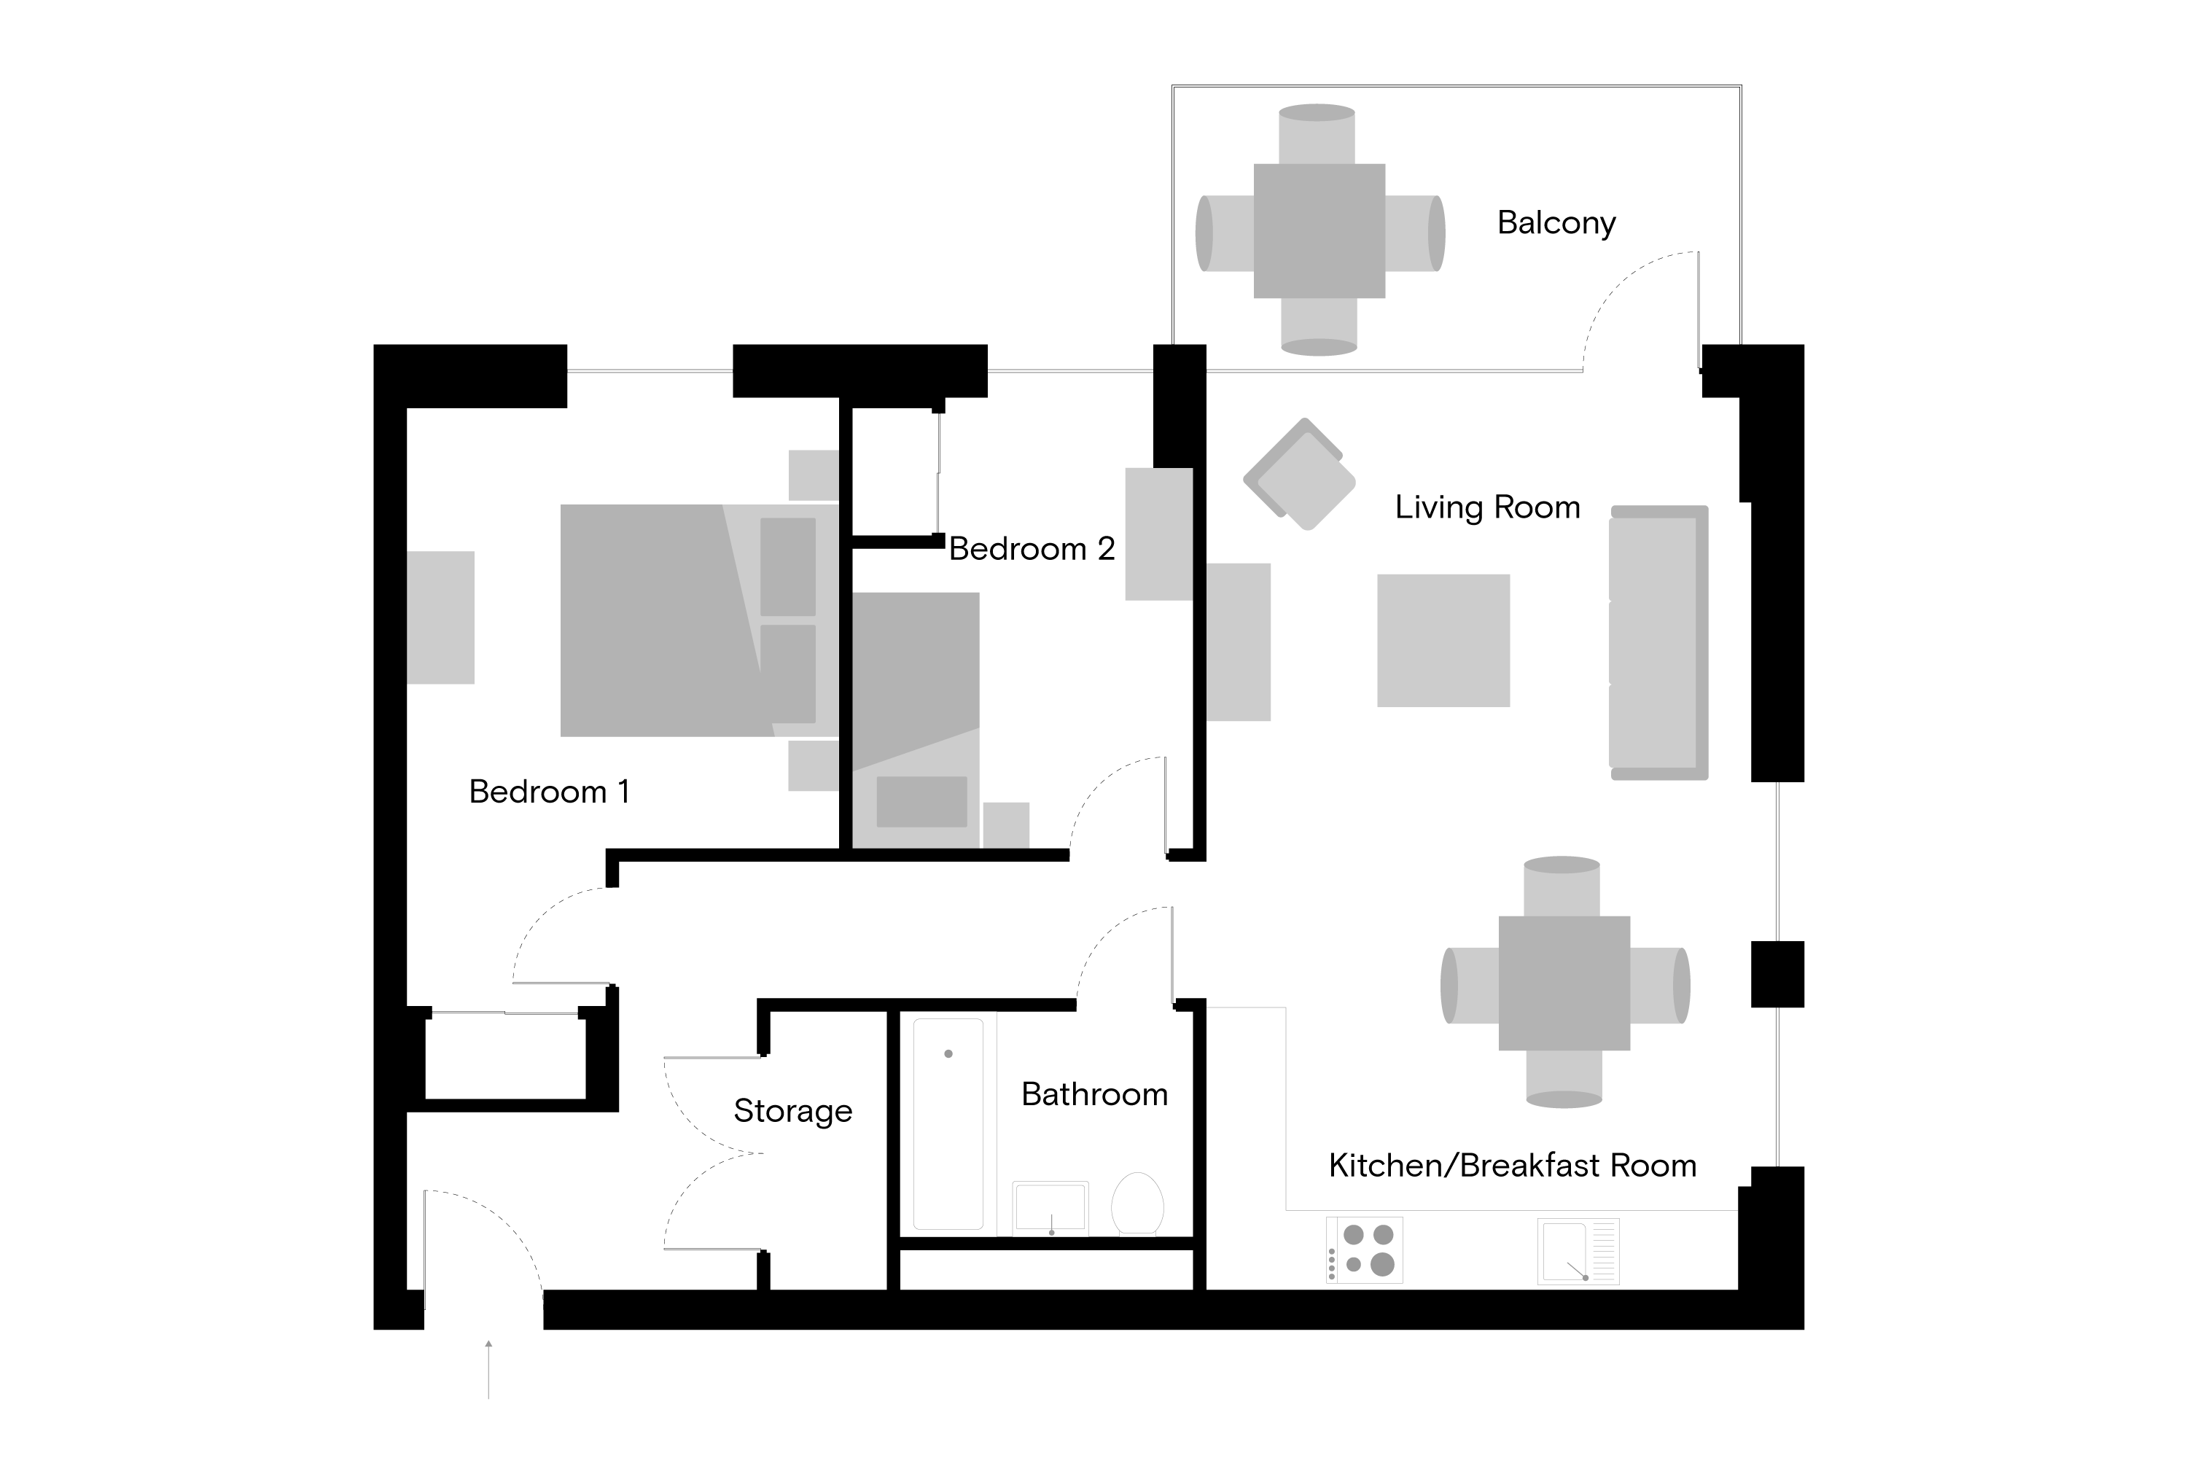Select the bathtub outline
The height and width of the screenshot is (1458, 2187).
tap(948, 1124)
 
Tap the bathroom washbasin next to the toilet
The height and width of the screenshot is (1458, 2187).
tap(1050, 1209)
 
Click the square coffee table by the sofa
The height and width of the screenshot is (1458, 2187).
tap(1443, 641)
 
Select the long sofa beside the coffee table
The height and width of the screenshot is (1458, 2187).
tap(1658, 642)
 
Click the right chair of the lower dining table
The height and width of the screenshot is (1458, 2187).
tap(1660, 986)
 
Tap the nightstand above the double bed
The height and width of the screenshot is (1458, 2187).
tap(814, 475)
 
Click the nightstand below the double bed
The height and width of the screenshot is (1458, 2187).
tap(814, 766)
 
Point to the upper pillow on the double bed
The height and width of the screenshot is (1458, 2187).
tap(787, 567)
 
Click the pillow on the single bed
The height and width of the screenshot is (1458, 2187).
tap(921, 801)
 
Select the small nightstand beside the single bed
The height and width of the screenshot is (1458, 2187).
tap(1006, 824)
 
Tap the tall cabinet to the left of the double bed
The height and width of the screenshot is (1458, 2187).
tap(441, 617)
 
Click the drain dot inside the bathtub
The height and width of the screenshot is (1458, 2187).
tap(948, 1053)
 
